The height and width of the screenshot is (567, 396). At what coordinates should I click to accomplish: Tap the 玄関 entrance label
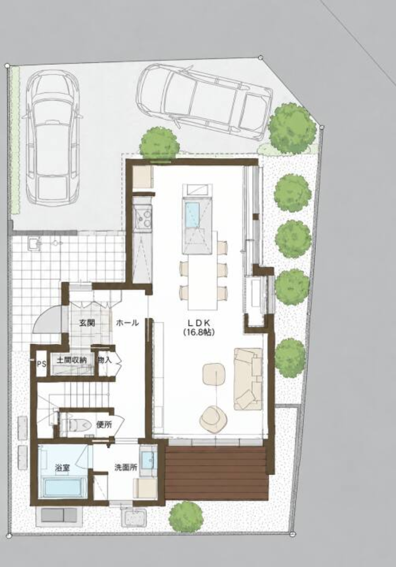[x=87, y=323]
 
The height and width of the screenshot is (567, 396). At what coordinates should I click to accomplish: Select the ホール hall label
[x=127, y=323]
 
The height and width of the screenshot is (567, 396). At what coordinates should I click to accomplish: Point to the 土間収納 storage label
[x=71, y=360]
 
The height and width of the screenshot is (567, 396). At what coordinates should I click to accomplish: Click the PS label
[x=41, y=364]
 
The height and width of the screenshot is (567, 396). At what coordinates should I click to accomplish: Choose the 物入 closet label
[x=104, y=360]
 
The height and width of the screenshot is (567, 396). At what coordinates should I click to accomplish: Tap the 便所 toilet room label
[x=104, y=425]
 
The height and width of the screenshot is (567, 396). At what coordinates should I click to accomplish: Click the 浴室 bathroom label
[x=62, y=467]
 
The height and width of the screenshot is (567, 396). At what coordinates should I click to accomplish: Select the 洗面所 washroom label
[x=125, y=467]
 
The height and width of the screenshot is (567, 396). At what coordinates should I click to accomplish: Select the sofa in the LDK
[x=248, y=379]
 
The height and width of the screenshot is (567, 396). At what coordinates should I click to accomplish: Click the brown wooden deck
[x=216, y=472]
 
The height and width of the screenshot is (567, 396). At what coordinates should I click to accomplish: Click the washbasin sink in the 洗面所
[x=148, y=459]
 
